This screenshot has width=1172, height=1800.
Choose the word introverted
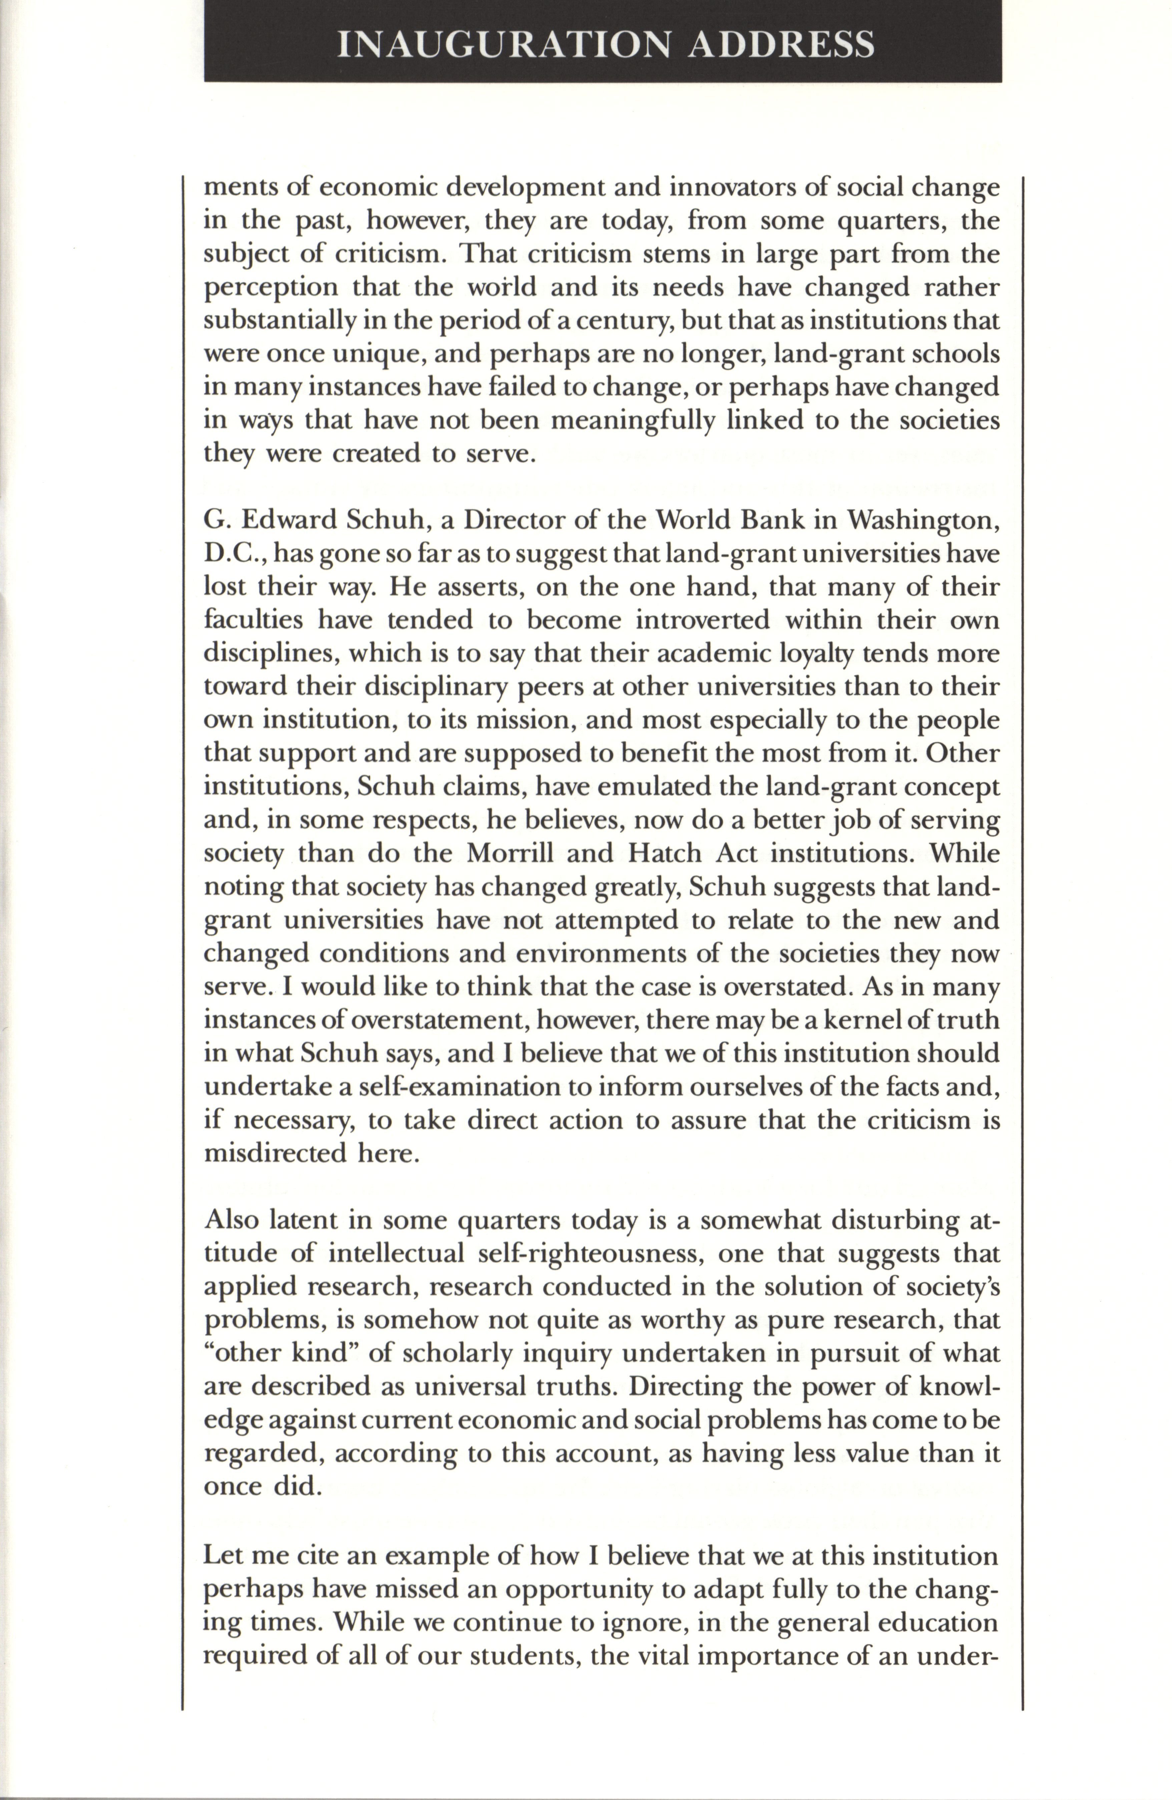701,620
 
